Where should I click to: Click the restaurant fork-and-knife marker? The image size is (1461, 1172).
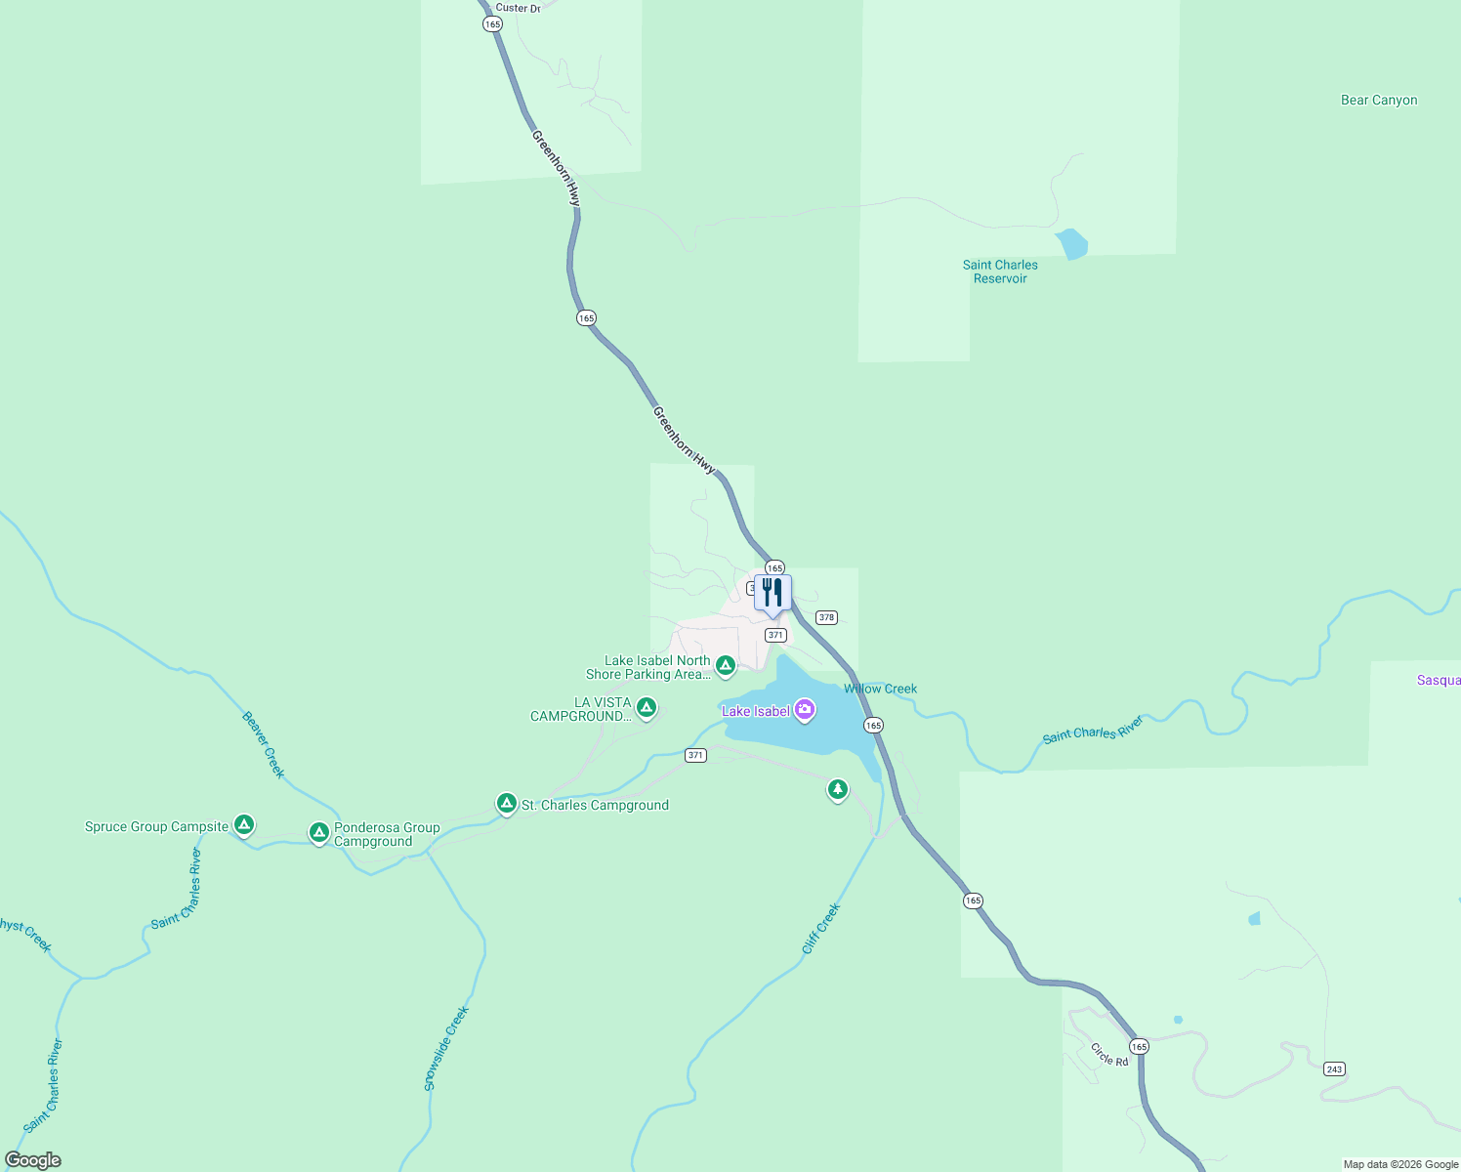coord(772,593)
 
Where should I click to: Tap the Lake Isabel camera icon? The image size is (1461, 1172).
coord(805,710)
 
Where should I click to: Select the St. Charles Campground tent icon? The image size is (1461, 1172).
coord(506,803)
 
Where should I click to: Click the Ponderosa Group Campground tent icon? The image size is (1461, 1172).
coord(318,832)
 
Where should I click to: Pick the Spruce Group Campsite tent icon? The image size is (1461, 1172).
coord(244,825)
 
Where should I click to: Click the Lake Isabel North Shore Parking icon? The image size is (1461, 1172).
coord(725,665)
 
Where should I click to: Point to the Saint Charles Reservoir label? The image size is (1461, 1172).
coord(1000,272)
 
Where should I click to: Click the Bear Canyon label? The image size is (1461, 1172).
coord(1379,100)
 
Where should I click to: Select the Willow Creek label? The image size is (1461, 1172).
coord(881,689)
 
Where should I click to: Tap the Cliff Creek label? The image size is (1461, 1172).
coord(820,929)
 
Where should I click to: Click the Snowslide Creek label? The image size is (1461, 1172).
coord(447,1048)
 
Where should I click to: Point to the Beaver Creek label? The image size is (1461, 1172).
coord(264,744)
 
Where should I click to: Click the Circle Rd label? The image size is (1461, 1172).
coord(1109,1055)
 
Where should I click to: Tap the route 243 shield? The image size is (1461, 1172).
coord(1334,1068)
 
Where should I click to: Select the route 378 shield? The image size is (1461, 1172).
coord(826,617)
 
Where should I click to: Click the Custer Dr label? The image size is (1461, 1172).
coord(518,8)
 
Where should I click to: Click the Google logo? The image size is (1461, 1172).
coord(33,1160)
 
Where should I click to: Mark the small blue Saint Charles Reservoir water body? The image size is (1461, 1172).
coord(1071,243)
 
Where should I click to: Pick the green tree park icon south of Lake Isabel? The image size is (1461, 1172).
coord(837,789)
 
